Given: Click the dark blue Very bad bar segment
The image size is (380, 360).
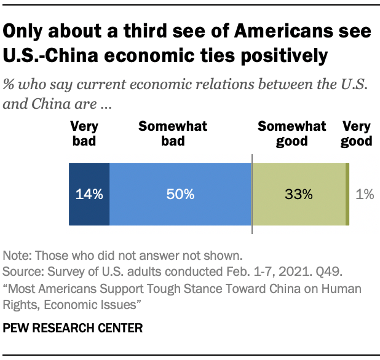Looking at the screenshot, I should coord(89,194).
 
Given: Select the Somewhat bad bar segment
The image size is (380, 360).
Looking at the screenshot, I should coord(180,194).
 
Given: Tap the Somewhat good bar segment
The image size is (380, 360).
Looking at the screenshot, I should coord(299,194).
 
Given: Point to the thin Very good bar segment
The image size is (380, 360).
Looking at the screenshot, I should coord(347,194).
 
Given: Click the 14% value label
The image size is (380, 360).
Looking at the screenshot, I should coord(89,195).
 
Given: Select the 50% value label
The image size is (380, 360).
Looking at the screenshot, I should coord(180,195).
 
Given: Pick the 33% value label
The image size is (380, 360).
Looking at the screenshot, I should coord(299,195).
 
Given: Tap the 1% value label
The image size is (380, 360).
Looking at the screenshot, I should coord(365,195).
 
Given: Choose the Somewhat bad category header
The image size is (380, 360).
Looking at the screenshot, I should coord(173,134).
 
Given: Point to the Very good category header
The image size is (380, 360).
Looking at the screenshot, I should coord(357,134).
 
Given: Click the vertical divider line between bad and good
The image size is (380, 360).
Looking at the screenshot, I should coord(252,197).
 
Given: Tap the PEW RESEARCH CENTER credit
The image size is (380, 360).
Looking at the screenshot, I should coord(73,328).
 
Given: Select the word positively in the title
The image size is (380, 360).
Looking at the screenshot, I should coord(277,56).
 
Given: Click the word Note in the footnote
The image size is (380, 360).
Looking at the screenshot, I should coord(17,255).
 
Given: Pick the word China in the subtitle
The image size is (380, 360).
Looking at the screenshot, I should coord(47,104).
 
